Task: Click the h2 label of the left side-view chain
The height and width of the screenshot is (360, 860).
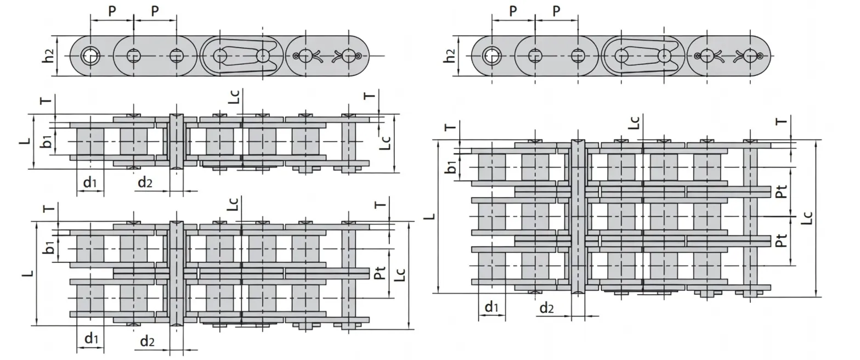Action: click(49, 55)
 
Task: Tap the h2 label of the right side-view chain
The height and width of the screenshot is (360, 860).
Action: click(450, 55)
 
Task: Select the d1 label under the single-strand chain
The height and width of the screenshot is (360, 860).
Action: click(90, 183)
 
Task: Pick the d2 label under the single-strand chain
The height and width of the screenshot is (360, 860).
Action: click(145, 183)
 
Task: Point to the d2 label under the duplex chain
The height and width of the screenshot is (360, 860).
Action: click(146, 341)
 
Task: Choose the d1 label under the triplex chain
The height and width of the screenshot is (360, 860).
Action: click(491, 307)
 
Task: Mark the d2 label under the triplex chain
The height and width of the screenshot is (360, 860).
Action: click(546, 308)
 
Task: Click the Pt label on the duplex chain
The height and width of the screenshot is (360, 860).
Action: click(380, 273)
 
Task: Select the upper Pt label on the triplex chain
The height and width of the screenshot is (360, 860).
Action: click(781, 191)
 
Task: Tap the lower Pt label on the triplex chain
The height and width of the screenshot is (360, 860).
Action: click(781, 240)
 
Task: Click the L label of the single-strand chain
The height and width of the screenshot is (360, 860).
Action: click(25, 141)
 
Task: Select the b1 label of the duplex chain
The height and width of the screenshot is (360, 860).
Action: click(49, 248)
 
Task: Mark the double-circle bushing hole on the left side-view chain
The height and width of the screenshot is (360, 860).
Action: click(90, 55)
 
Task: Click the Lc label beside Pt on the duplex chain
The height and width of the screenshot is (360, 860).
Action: click(400, 274)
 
